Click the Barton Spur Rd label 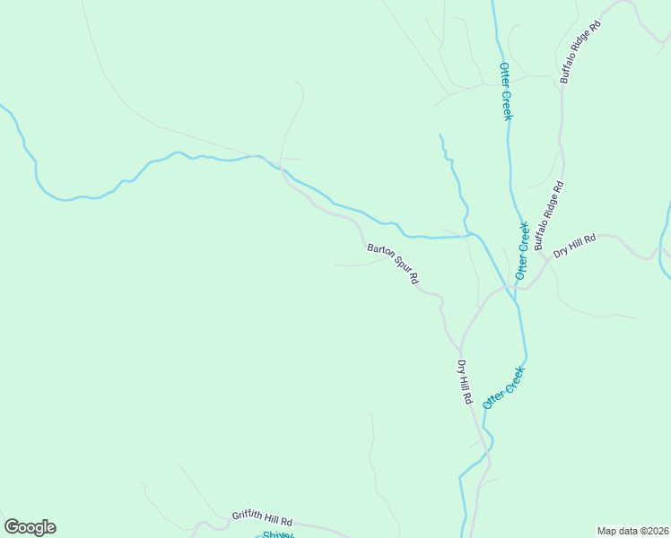pos(393,262)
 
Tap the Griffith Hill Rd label pos(262,518)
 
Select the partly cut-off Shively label pos(278,534)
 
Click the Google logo pos(30,527)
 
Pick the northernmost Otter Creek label pos(506,91)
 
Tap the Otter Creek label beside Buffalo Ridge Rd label pos(523,249)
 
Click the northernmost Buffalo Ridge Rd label pos(579,52)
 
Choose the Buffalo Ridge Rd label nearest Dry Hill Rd pos(548,216)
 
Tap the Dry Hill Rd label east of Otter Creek pos(574,247)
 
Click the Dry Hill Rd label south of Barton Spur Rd pos(464,382)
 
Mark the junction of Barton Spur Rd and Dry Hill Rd pos(460,347)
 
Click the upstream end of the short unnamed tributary pos(440,135)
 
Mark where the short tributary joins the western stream pos(468,235)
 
